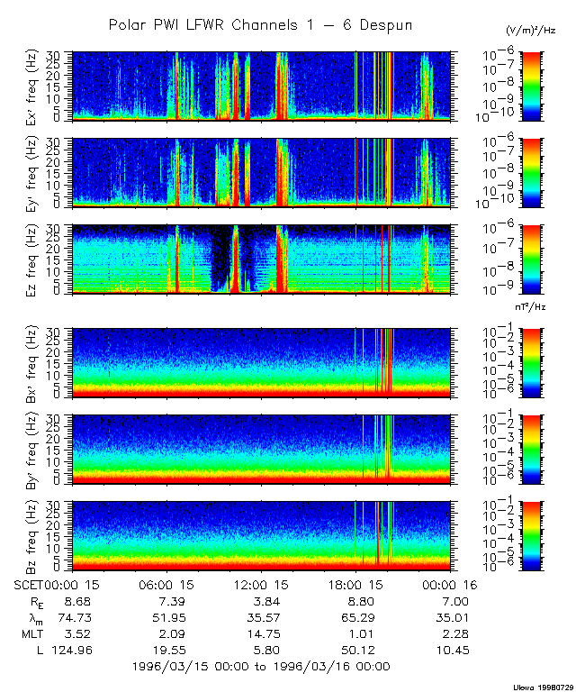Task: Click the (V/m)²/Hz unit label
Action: [530, 32]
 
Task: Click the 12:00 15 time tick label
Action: [262, 585]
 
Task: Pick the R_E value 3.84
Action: [262, 601]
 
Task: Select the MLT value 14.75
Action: [262, 633]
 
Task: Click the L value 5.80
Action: [262, 650]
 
